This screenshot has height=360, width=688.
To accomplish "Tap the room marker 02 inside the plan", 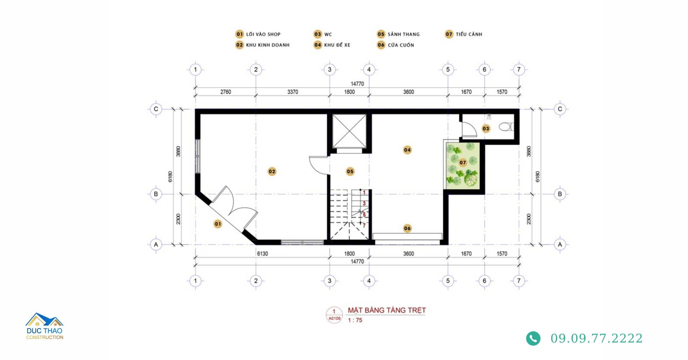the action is tap(272, 172).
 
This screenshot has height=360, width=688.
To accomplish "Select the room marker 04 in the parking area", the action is tap(407, 150).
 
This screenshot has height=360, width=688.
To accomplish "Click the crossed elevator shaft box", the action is tap(350, 131).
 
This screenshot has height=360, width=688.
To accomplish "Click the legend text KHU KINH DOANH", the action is tap(268, 45).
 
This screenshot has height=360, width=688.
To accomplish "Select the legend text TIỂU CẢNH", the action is tap(469, 34).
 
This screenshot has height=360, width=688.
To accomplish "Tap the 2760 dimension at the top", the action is tap(225, 92).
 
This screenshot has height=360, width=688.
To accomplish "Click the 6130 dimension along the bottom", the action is tap(262, 254).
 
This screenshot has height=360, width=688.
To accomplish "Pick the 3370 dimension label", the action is tap(292, 92).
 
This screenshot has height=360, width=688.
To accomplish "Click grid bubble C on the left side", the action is tap(156, 109).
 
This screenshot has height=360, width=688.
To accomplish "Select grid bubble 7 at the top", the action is tap(519, 69).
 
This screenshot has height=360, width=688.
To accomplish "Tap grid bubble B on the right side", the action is tap(559, 194).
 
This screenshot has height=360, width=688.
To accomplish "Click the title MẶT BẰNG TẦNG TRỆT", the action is tap(387, 310).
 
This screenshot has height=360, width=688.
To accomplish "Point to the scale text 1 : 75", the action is tap(355, 320).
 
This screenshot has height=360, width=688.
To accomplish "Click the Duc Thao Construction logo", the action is tap(45, 326).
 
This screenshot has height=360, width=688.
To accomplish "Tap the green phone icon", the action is tap(533, 338).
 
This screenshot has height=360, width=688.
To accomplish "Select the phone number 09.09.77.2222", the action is tap(596, 338).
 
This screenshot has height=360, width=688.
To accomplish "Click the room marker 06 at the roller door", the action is tap(407, 228).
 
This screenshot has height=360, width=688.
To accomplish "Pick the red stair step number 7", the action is tap(364, 226).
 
